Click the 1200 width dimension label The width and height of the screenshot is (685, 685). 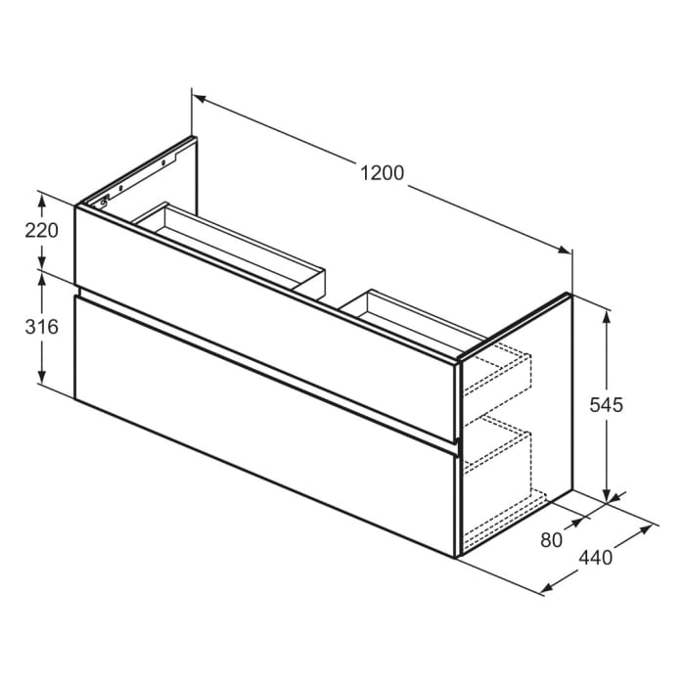click(x=382, y=173)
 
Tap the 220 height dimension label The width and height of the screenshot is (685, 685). click(x=42, y=231)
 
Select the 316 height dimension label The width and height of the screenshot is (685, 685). click(x=42, y=327)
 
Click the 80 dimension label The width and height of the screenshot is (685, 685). click(x=552, y=538)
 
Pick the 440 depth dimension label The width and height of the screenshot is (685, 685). click(x=595, y=558)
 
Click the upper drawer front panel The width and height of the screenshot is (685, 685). click(x=264, y=313)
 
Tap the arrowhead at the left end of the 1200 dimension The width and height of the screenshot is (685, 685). click(x=197, y=98)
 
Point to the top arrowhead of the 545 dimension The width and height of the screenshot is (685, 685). click(x=608, y=316)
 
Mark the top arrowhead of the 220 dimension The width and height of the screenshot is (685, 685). click(x=42, y=199)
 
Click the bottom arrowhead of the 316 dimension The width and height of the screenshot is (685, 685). click(x=42, y=379)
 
